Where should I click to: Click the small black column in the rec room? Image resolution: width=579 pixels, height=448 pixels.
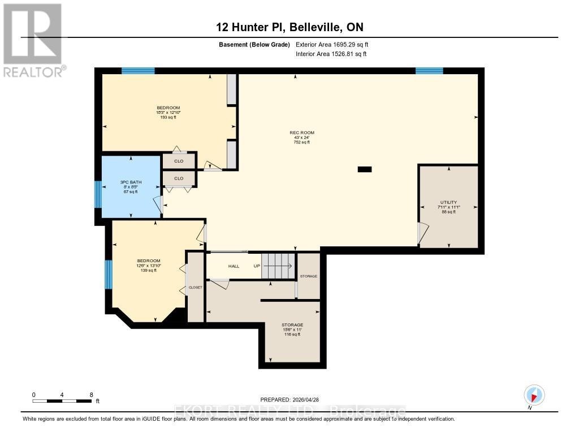(x=365, y=169)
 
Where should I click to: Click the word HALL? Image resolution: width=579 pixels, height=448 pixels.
(x=234, y=266)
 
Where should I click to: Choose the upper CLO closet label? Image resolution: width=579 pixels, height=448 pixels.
(x=179, y=161)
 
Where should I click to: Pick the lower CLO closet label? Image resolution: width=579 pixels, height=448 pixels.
(x=179, y=178)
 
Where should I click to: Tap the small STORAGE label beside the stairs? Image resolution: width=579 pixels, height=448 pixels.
(x=309, y=276)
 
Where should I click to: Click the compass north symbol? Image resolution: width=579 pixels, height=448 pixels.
(x=534, y=395)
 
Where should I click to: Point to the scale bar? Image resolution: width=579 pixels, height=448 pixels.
(x=62, y=401)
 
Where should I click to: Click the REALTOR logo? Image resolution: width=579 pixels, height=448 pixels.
(x=32, y=40)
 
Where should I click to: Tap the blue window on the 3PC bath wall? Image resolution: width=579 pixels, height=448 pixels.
(x=97, y=195)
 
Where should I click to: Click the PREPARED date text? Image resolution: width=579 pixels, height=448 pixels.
(x=293, y=399)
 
